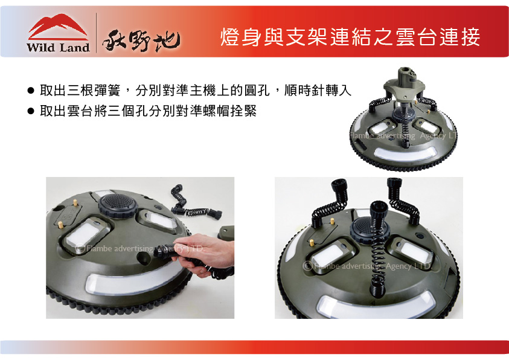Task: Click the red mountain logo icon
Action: tap(58, 27)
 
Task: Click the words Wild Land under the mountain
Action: tap(58, 47)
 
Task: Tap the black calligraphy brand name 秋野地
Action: tap(141, 40)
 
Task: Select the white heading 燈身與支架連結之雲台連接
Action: tap(350, 37)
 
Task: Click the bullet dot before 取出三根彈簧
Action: tap(31, 91)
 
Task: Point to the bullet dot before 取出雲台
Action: tap(31, 111)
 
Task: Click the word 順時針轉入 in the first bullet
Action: tap(318, 90)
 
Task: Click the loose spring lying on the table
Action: tap(195, 206)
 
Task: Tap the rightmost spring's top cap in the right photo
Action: tap(394, 183)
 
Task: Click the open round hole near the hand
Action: tap(143, 258)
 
